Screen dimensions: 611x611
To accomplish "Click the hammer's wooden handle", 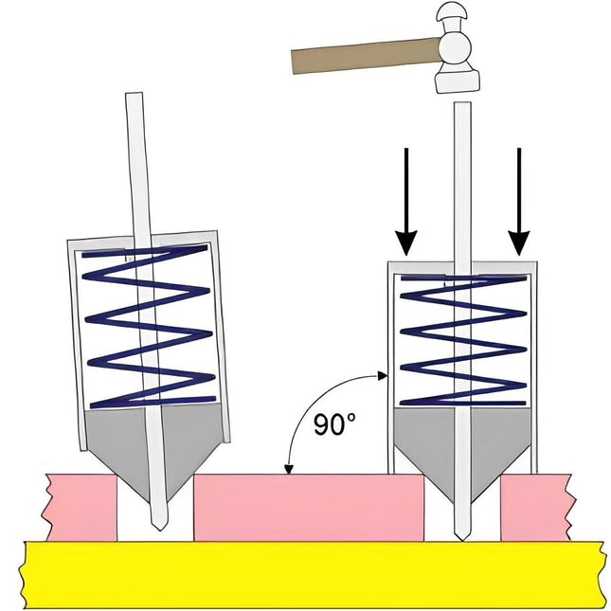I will click(x=360, y=56).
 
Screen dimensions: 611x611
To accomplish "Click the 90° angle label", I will click(x=334, y=425).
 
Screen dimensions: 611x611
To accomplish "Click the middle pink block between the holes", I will click(x=308, y=507).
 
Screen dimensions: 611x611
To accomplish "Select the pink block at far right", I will click(x=536, y=507).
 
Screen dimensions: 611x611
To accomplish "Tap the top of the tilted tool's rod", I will click(x=134, y=100).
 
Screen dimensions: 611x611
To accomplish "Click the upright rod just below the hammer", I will click(x=461, y=123).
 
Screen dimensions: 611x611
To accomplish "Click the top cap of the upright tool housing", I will click(x=462, y=264).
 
